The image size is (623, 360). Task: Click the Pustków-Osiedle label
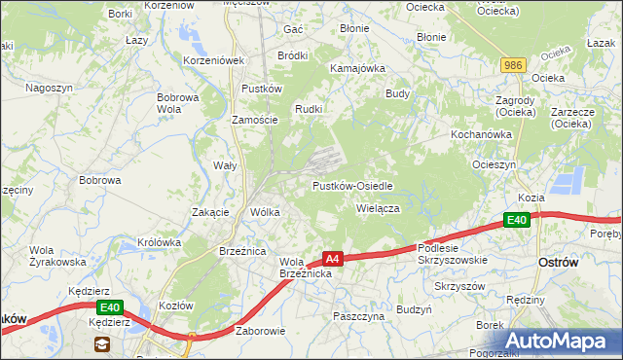tap(352, 185)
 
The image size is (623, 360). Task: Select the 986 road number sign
tap(513, 65)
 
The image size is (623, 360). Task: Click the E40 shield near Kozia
tap(517, 221)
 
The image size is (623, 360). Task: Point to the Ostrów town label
tap(559, 263)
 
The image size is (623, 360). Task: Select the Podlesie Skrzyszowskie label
tap(452, 255)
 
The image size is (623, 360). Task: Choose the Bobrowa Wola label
tap(178, 103)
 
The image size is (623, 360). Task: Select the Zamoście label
tap(255, 120)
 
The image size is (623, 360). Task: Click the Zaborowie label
tap(260, 331)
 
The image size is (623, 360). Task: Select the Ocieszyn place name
tap(494, 164)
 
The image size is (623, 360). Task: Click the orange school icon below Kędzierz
tap(101, 344)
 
